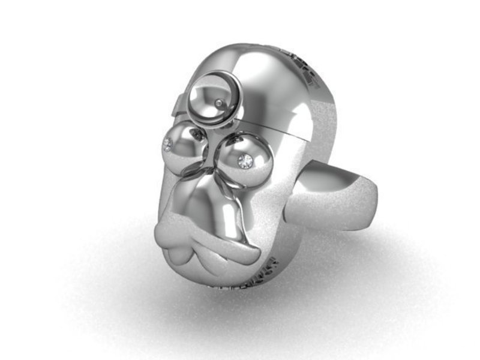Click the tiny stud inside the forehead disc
(x=219, y=104)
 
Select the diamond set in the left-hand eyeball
(x=167, y=144)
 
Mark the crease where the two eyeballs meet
(x=210, y=150)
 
